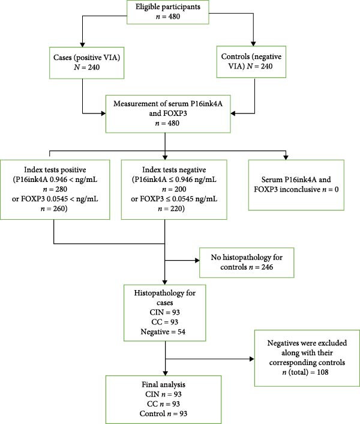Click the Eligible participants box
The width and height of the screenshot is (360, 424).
168,12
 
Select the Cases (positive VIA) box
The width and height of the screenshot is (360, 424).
86,63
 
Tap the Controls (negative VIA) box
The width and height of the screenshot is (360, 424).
251,62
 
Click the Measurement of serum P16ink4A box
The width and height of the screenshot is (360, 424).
168,114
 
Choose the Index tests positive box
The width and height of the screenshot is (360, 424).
55,190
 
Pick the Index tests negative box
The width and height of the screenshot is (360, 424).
174,190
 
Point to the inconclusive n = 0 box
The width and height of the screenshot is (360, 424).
296,185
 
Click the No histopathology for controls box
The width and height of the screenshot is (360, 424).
247,262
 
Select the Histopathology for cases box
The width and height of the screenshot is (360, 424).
165,313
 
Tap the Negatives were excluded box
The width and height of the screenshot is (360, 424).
307,358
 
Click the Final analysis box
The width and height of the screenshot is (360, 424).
163,399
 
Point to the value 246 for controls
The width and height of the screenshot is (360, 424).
266,267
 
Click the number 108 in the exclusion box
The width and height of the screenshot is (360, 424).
322,372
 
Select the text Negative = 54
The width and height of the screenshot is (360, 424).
163,332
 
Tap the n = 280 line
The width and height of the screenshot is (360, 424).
55,189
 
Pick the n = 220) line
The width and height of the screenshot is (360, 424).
171,209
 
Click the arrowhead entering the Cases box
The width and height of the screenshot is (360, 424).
83,44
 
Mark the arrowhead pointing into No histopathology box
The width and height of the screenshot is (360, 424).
197,261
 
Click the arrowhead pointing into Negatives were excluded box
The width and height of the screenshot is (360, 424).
252,359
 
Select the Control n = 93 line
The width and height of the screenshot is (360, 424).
163,414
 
